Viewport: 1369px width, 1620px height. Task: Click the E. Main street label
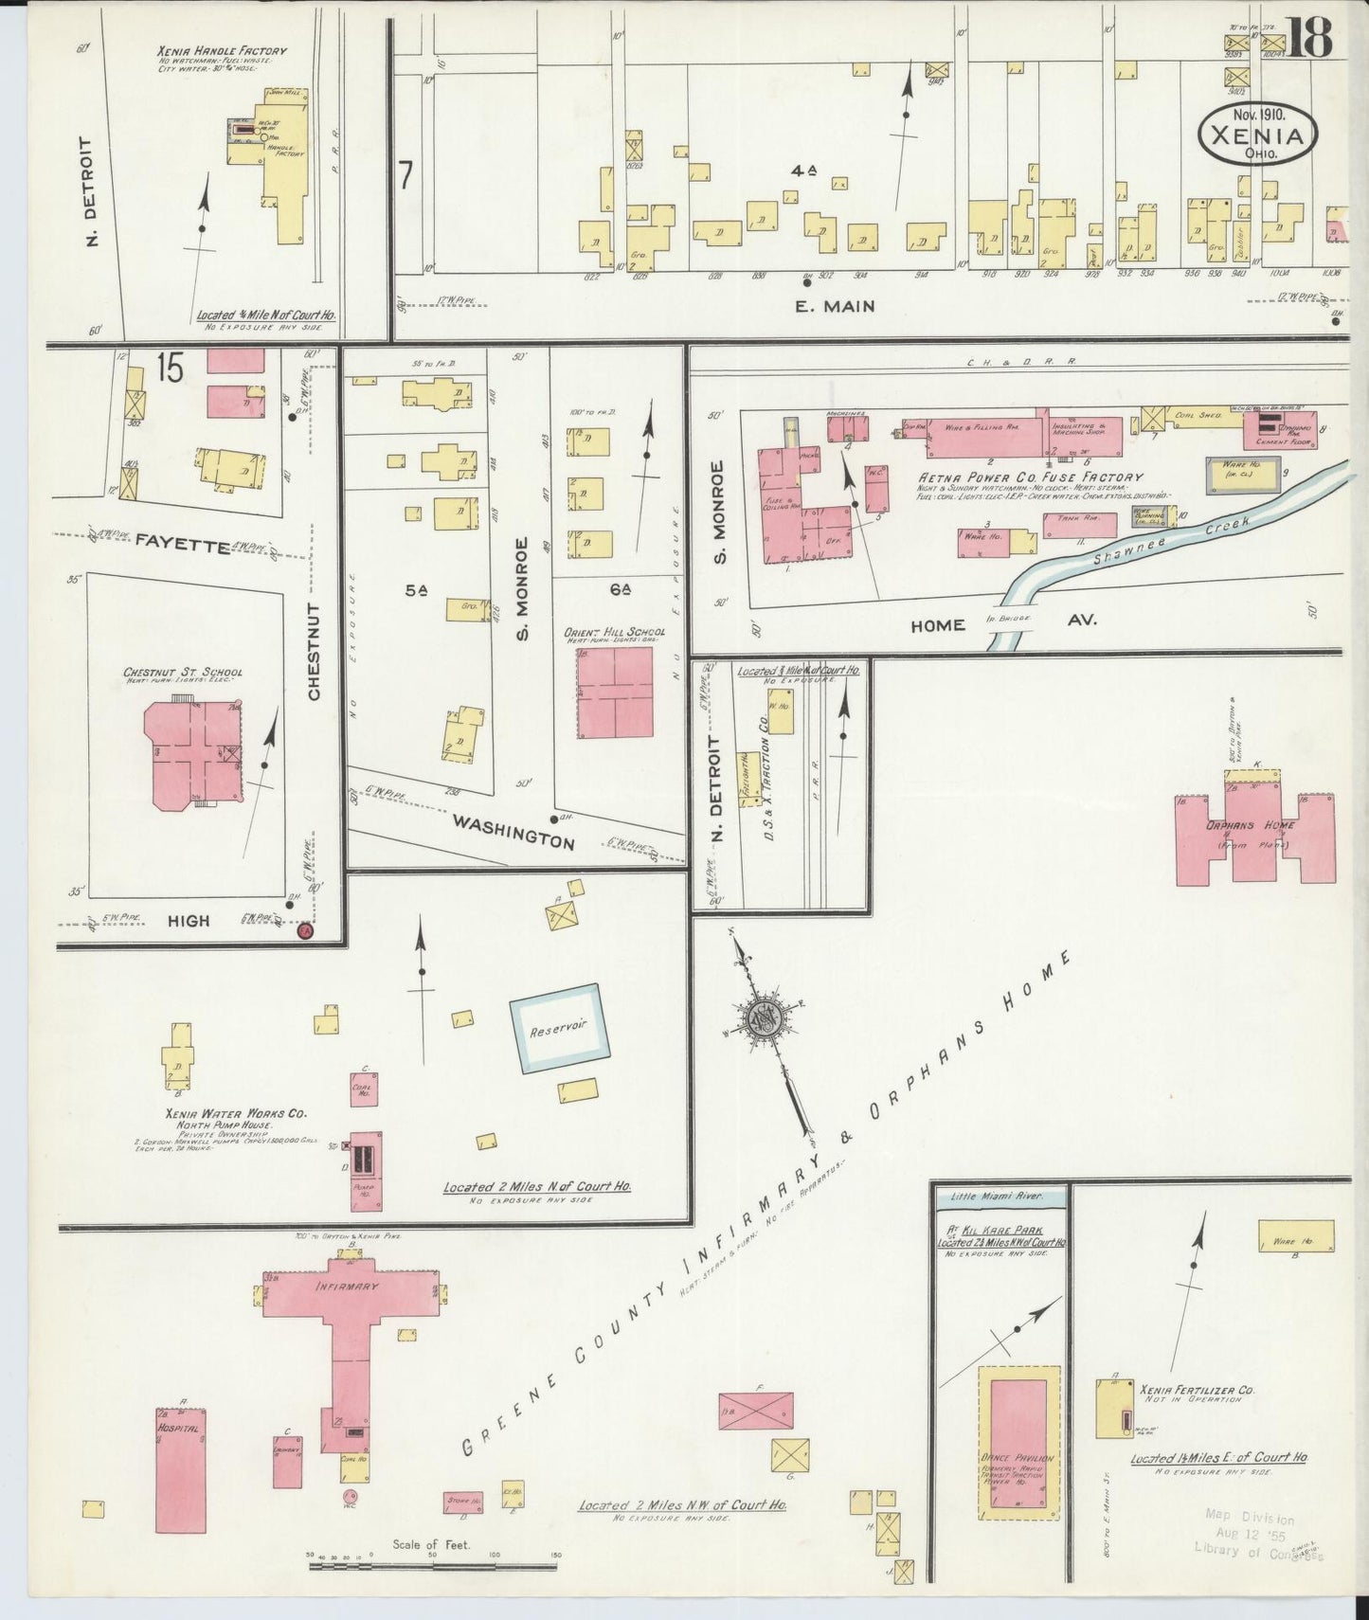(834, 306)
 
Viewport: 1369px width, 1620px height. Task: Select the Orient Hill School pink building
(615, 693)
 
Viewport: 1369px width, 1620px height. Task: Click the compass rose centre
(764, 1018)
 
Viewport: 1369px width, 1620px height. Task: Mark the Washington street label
(513, 831)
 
